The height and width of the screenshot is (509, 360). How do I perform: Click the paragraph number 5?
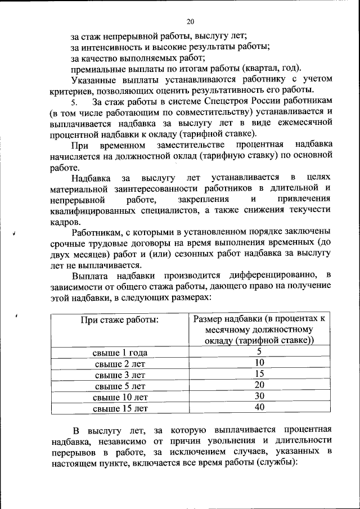[x=73, y=102]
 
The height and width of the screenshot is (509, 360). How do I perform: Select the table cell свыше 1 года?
[x=120, y=353]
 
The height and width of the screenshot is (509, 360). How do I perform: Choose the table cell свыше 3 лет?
[x=120, y=375]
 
